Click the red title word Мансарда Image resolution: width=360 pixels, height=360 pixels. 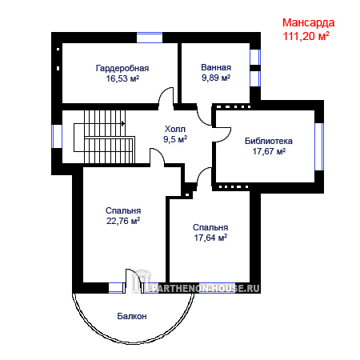pos(308,23)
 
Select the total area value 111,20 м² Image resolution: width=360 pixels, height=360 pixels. pos(306,36)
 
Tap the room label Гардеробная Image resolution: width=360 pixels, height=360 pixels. pos(122,68)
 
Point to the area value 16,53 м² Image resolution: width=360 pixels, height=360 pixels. pos(122,78)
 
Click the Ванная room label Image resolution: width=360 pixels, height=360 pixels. pos(216,67)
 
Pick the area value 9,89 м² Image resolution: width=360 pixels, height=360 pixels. pos(216,78)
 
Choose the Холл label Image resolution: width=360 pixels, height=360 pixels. pos(175,129)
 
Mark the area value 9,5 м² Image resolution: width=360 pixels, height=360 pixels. pos(175,139)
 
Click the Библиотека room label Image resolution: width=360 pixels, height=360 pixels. pos(269,141)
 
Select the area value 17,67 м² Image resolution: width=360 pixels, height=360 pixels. pos(269,151)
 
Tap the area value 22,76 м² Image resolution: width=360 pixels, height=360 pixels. pos(123,221)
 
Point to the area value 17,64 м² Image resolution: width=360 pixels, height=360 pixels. pos(210,238)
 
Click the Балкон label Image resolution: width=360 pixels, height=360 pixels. pos(132,316)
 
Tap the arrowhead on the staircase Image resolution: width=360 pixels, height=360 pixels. pos(123,123)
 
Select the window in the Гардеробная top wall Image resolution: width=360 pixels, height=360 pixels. pos(150,38)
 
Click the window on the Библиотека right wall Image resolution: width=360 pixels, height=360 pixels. pos(319,146)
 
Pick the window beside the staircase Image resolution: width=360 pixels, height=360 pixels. pos(57,136)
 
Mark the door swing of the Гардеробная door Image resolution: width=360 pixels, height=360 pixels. pos(166,95)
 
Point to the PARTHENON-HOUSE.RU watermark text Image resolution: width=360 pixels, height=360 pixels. pos(206,288)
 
